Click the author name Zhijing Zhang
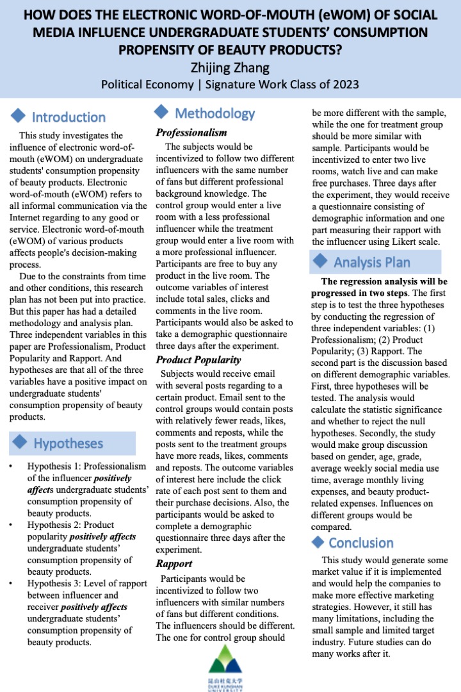pyautogui.click(x=230, y=67)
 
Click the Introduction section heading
pyautogui.click(x=69, y=117)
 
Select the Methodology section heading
pyautogui.click(x=214, y=113)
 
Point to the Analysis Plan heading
pyautogui.click(x=371, y=262)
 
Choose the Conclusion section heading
pyautogui.click(x=360, y=543)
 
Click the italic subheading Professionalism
pyautogui.click(x=191, y=133)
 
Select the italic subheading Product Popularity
pyautogui.click(x=198, y=360)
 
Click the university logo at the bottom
pyautogui.click(x=230, y=666)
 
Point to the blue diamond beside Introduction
pyautogui.click(x=19, y=116)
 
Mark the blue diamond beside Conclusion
pyautogui.click(x=318, y=542)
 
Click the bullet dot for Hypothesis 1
pyautogui.click(x=12, y=466)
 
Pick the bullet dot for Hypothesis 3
pyautogui.click(x=12, y=584)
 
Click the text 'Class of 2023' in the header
pyautogui.click(x=328, y=84)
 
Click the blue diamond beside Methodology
pyautogui.click(x=162, y=113)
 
